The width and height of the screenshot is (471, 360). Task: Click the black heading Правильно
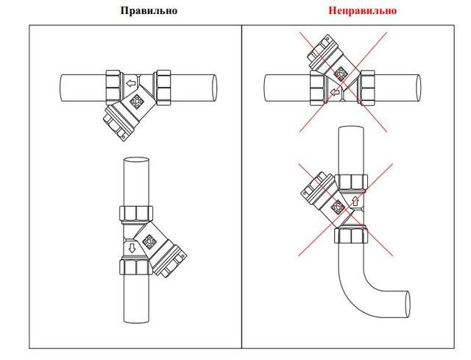coord(149,10)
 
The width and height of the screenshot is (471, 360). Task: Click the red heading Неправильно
coord(362,10)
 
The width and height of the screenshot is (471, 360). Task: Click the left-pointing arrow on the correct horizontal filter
coord(131,83)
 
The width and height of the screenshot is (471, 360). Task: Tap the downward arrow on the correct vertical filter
coord(132,248)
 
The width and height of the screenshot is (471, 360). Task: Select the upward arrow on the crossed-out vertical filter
coord(355,201)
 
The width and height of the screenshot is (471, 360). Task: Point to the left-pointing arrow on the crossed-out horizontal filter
coord(334,92)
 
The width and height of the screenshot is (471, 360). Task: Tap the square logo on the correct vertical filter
coord(149,241)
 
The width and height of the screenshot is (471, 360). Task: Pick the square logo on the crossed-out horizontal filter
coord(341,73)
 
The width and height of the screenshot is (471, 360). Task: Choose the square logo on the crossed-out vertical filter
coord(338,208)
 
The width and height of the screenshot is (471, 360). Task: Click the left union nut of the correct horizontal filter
coord(113,87)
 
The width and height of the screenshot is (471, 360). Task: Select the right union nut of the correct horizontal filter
coord(163,88)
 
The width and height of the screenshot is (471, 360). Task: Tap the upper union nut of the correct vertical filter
coord(136,214)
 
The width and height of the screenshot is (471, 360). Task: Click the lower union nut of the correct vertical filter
coord(136,267)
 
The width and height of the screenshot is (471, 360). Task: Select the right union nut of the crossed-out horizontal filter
coord(368,88)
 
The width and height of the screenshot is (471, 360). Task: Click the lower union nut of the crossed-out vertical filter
coord(351,236)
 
